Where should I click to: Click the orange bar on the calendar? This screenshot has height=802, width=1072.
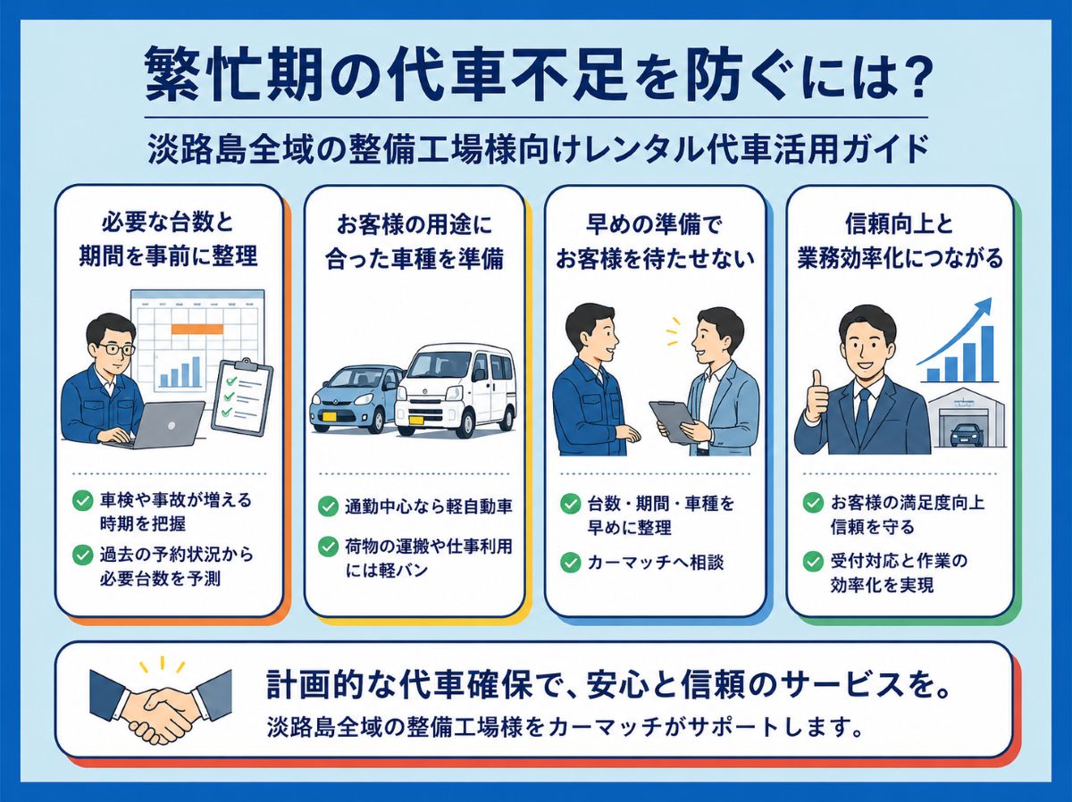tap(197, 329)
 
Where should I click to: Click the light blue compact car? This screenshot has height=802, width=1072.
tap(356, 397)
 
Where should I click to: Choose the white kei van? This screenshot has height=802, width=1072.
tap(456, 389)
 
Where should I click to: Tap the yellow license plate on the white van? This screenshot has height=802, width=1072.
tap(416, 420)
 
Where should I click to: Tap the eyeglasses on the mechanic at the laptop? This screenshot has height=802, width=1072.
tap(116, 349)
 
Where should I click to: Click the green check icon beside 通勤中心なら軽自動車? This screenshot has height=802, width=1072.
tap(328, 506)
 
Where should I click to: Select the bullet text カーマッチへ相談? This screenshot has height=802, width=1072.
tap(656, 563)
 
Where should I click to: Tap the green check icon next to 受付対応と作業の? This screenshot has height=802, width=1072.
tap(813, 562)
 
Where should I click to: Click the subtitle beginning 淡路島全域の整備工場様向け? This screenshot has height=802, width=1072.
tap(538, 149)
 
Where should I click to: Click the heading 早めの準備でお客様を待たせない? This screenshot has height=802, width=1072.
tap(655, 241)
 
